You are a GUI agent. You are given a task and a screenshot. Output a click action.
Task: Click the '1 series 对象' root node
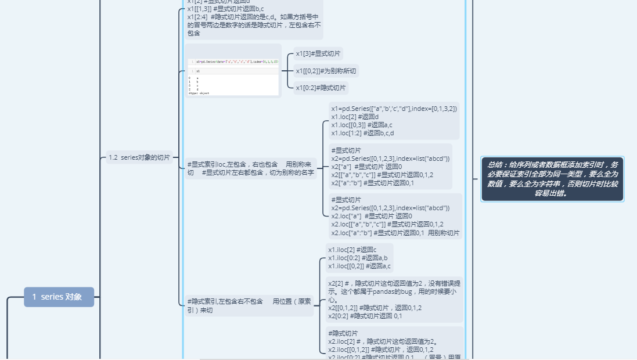click(x=59, y=297)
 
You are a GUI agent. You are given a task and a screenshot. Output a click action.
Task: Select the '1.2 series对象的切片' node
click(x=139, y=157)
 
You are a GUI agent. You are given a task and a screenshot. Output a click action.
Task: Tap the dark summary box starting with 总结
click(x=552, y=179)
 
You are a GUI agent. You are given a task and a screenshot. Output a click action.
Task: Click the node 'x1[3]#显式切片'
click(x=318, y=54)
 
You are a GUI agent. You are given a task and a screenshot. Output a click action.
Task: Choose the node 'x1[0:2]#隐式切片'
click(x=321, y=88)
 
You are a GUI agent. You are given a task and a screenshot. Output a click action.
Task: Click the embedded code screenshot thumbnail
click(x=233, y=71)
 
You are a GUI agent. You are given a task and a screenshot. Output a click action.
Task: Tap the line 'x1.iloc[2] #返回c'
click(x=352, y=250)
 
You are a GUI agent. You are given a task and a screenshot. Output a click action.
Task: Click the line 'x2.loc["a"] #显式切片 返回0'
click(x=371, y=216)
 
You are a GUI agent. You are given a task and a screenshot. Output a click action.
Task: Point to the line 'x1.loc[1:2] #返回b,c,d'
click(x=362, y=133)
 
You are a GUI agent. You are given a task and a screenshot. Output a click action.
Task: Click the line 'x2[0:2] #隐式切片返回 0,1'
click(x=365, y=316)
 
